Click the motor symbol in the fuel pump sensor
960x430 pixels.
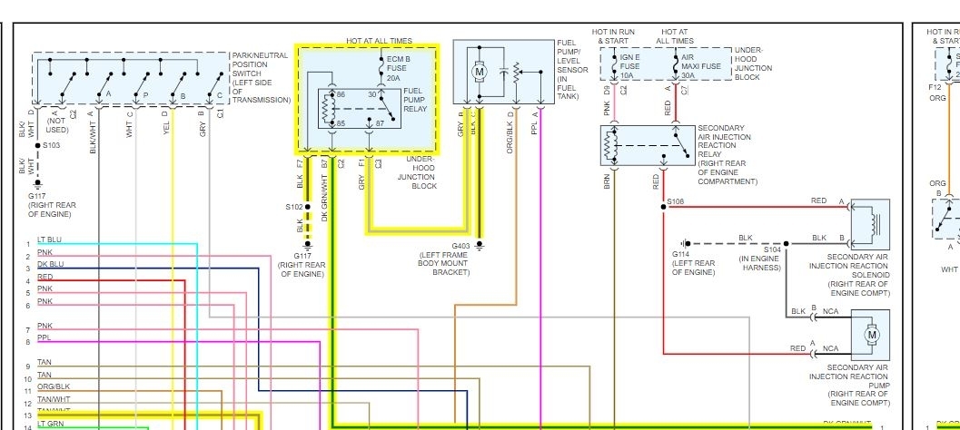coord(480,71)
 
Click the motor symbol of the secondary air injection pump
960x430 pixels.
coord(873,335)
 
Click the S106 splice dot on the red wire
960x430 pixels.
coord(664,207)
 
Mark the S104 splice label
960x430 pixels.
coord(772,248)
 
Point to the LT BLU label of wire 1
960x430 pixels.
coord(49,240)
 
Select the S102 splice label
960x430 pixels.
coord(293,207)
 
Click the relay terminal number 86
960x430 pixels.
coord(341,94)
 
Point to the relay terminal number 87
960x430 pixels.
coord(381,122)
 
